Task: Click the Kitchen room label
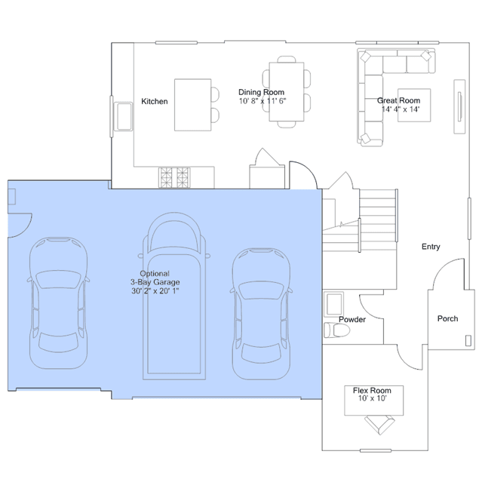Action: (x=155, y=101)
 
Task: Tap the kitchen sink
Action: (x=123, y=116)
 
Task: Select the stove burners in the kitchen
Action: (x=174, y=177)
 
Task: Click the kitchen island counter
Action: (x=193, y=105)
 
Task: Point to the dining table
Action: (x=287, y=91)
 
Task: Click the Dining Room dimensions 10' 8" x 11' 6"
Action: (x=262, y=101)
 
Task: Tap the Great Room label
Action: (x=399, y=100)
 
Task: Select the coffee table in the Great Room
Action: (x=414, y=105)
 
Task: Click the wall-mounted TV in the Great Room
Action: (x=460, y=106)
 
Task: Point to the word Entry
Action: (x=431, y=247)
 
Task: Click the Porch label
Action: (x=447, y=318)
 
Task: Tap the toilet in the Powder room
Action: (x=337, y=330)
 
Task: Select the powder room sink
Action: (x=334, y=304)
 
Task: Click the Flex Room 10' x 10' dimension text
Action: (x=372, y=398)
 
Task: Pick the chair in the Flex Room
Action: (x=379, y=424)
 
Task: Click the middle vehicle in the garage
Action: (x=174, y=296)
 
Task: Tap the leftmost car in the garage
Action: (x=58, y=302)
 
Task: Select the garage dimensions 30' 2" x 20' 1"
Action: (x=155, y=291)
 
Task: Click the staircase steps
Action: (x=378, y=220)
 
